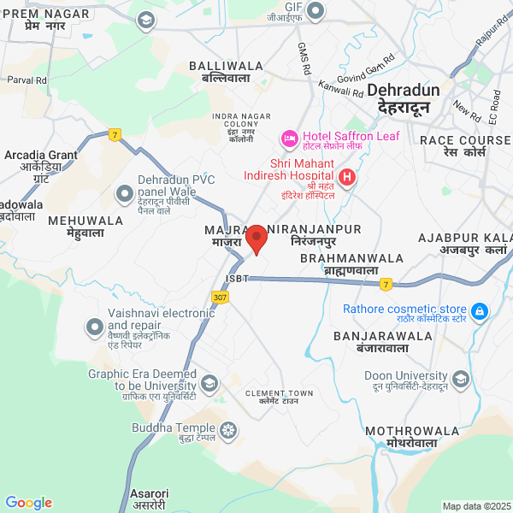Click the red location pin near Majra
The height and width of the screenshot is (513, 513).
(x=257, y=239)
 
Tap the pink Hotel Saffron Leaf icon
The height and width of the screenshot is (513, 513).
(x=289, y=137)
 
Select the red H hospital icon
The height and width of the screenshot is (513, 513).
(x=347, y=178)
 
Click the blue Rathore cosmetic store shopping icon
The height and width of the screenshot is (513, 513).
(x=480, y=310)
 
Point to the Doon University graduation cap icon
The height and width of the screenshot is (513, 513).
(x=462, y=378)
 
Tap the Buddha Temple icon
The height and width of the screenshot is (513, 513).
(x=229, y=429)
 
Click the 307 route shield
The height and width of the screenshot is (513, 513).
(x=221, y=297)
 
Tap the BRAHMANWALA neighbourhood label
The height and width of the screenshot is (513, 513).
(x=351, y=257)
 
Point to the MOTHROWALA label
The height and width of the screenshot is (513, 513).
(x=400, y=431)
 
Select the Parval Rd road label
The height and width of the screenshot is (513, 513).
(x=27, y=80)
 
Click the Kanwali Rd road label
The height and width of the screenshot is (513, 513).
(x=340, y=86)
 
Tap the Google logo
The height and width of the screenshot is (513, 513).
(x=28, y=503)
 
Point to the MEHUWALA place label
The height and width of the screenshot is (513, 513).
(x=87, y=221)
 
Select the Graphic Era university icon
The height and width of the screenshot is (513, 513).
(x=211, y=380)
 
